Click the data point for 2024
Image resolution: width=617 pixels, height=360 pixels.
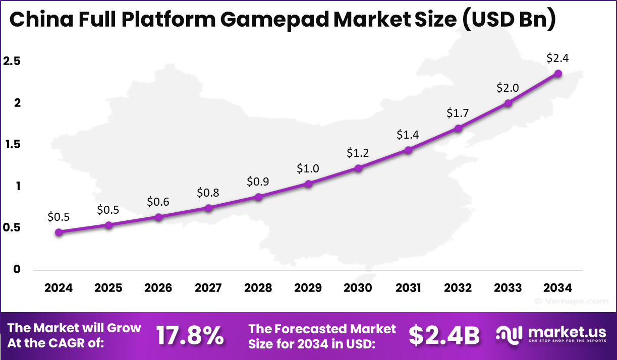point(59,232)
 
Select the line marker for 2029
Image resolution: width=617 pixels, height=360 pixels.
point(308,184)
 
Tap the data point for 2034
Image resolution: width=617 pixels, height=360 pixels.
point(558,73)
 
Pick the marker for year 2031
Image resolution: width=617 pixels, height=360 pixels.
point(408,150)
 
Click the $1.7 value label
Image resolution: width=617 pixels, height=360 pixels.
point(458,113)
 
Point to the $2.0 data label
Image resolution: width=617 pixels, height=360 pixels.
point(508,88)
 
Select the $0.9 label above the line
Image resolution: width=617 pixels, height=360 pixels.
point(258,181)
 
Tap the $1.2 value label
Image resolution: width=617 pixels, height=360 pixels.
point(358,153)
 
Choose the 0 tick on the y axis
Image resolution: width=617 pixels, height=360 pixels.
point(17,270)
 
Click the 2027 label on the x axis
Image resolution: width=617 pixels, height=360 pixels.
point(208,288)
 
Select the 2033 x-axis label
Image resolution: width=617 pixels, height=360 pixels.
point(508,288)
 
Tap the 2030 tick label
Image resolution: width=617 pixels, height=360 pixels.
point(358,288)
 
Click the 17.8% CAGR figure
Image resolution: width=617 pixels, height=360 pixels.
point(190,335)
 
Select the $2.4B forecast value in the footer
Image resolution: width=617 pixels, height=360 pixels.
point(444,335)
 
